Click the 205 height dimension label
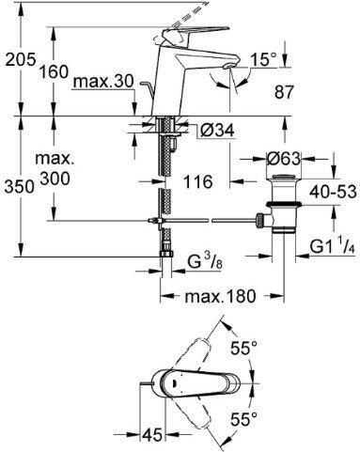click(x=21, y=59)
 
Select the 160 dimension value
click(x=54, y=71)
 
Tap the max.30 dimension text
click(x=103, y=82)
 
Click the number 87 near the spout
click(x=285, y=92)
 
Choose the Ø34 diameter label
click(x=217, y=131)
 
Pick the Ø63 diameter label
click(x=283, y=159)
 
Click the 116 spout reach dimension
click(x=197, y=181)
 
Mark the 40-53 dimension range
click(x=333, y=192)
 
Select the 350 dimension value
click(x=19, y=187)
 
